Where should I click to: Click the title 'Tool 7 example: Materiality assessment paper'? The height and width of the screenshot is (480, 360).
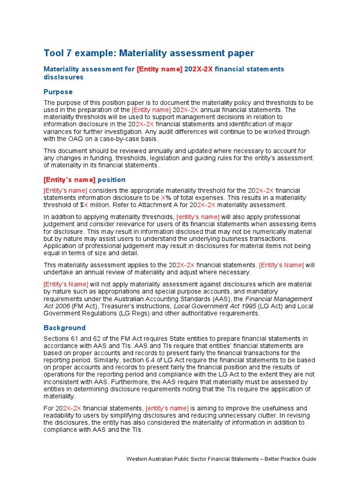pyautogui.click(x=149, y=52)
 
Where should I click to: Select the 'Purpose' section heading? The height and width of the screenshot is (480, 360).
pyautogui.click(x=58, y=92)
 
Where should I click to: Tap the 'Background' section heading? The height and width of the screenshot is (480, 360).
pyautogui.click(x=65, y=328)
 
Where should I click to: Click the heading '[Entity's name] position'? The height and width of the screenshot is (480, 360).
pyautogui.click(x=84, y=180)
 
